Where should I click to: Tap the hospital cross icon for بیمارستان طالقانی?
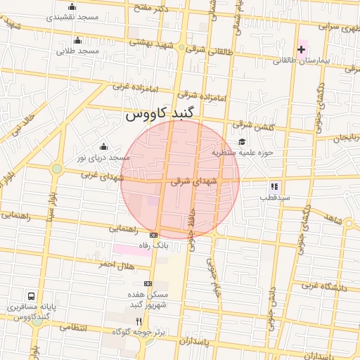[301, 49]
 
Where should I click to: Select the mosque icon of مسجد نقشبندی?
[72, 7]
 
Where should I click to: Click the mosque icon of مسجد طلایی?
[77, 40]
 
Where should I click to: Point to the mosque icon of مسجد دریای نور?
[104, 146]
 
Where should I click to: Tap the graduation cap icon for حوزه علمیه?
[242, 141]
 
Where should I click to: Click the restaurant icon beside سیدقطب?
[274, 186]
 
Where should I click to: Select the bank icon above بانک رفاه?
[154, 235]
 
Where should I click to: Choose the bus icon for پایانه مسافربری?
[32, 296]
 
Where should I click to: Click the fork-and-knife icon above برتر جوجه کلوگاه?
[139, 321]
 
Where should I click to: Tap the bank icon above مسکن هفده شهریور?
[147, 283]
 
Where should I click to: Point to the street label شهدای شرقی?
[193, 181]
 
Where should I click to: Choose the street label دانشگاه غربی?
[325, 285]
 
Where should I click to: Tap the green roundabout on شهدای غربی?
[56, 169]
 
